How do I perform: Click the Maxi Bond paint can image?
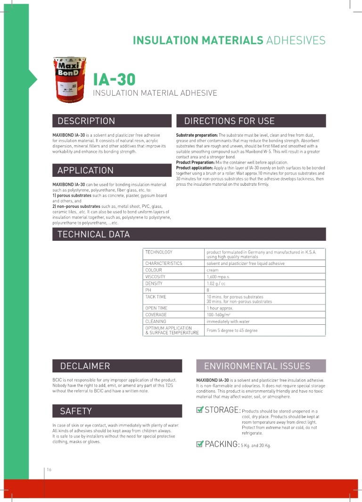click(x=70, y=80)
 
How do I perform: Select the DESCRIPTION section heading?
click(x=86, y=121)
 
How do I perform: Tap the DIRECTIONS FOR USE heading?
click(x=229, y=121)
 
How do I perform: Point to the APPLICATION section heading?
click(x=85, y=171)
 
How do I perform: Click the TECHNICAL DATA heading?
click(x=93, y=234)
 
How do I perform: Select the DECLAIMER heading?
click(x=85, y=366)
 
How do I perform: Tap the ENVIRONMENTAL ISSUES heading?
click(x=257, y=366)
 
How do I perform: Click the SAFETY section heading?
click(x=76, y=411)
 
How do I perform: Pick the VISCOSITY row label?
click(x=155, y=277)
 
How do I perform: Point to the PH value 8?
click(x=208, y=290)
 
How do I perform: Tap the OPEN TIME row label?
click(x=156, y=308)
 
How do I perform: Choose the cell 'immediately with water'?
click(x=228, y=321)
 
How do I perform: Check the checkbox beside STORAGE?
click(x=199, y=410)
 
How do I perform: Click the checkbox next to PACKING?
click(x=199, y=444)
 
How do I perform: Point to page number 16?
click(x=49, y=469)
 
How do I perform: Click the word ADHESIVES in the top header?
click(x=296, y=41)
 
